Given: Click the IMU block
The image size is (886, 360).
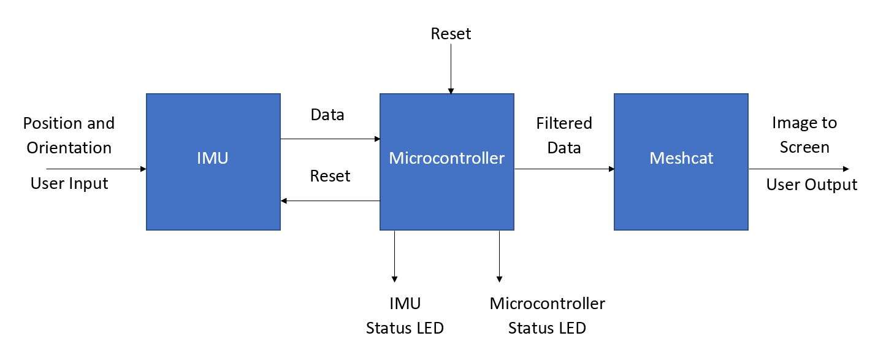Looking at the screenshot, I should point(213,161).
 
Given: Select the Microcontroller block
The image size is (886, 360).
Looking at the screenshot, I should point(446,161).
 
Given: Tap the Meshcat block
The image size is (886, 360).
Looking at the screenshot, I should point(681,161).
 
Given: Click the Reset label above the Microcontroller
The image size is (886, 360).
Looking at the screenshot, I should point(451,34).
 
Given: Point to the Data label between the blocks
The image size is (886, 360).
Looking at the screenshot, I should point(327,115).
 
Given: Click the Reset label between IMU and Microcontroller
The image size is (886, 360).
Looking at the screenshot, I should point(330,176).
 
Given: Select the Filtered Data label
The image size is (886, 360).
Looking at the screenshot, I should point(564,136).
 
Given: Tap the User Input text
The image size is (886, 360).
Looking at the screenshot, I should point(69,183).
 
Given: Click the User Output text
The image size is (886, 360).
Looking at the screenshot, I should point(811,185).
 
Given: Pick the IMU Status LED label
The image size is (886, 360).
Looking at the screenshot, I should point(405,316).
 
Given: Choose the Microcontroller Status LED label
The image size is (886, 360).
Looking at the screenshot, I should point(547,316).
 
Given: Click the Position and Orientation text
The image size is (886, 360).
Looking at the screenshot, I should point(68,136).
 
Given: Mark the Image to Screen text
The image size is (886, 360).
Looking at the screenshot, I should point(804,135).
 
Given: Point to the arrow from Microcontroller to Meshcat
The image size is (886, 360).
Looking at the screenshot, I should point(564,169).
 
